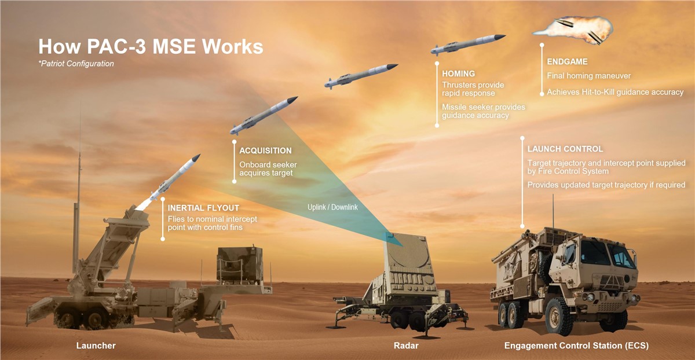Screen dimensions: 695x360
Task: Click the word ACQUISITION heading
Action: click(265, 150)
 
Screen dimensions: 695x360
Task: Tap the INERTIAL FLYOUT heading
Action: click(203, 208)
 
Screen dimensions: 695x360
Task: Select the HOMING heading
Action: click(458, 74)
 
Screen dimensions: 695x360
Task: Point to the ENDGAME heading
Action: click(567, 62)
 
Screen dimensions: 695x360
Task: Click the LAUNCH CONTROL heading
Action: click(565, 149)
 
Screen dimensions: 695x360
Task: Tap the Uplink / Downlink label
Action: click(332, 207)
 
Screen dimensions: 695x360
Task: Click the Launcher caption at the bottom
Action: click(96, 346)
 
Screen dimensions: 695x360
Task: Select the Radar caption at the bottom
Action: click(406, 346)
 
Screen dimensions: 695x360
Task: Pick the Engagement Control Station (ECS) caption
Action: click(576, 346)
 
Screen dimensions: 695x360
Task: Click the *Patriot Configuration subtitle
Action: click(76, 64)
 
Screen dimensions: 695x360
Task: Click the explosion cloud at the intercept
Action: click(574, 31)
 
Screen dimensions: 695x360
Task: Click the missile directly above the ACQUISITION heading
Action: click(264, 115)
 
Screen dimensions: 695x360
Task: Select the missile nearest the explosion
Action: click(468, 45)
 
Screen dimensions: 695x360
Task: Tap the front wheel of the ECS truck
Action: click(558, 316)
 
